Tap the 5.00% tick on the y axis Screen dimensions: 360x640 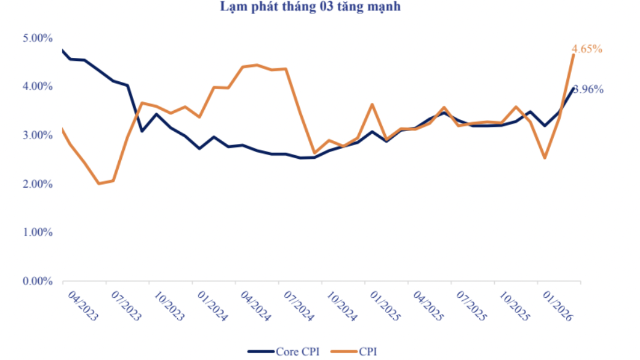click(36, 38)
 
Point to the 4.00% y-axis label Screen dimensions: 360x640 click(36, 87)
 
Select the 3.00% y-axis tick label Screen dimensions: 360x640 click(36, 135)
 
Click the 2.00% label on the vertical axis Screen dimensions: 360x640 click(36, 184)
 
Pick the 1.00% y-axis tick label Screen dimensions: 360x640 click(36, 233)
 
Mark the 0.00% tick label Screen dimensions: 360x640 click(36, 281)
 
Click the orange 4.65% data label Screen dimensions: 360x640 click(587, 48)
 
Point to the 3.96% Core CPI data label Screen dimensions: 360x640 click(589, 89)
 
